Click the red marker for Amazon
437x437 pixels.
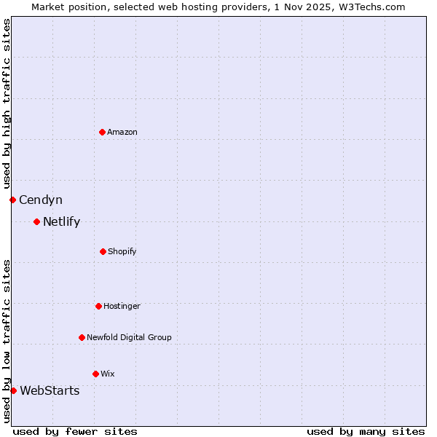102,132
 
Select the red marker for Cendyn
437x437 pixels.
12,200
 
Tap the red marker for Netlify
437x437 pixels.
36,221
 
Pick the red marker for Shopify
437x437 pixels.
103,251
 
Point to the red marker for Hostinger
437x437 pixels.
98,306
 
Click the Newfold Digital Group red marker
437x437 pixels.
82,337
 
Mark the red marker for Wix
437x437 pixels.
95,374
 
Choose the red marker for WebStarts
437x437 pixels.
13,390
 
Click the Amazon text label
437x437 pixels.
122,132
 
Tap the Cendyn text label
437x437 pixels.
41,200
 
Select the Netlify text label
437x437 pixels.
61,221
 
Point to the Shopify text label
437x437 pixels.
122,251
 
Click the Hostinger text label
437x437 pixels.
122,306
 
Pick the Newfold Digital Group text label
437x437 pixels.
129,337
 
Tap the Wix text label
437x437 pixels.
108,374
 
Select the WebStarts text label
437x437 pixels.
50,390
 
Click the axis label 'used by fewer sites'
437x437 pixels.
75,431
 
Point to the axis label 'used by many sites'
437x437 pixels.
366,431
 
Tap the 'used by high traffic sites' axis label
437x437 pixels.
7,103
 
